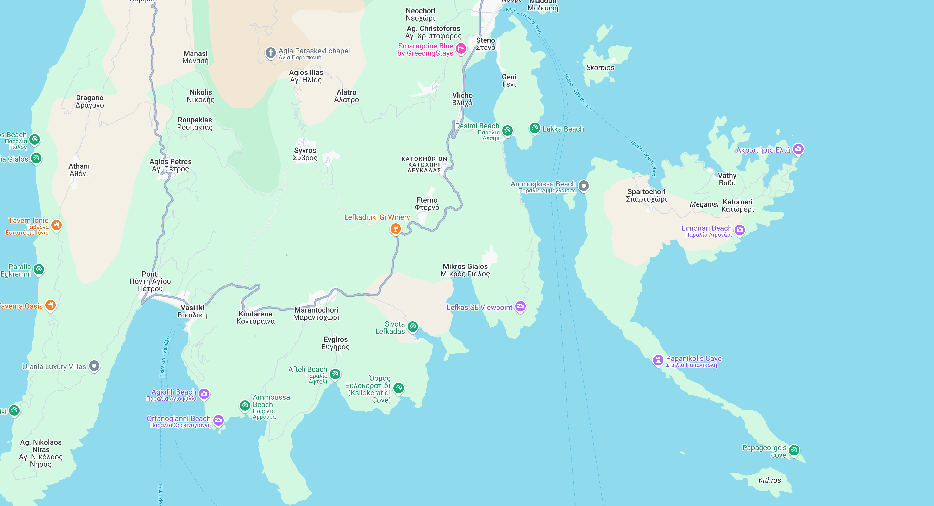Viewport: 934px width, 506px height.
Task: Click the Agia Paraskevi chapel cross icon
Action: click(271, 53)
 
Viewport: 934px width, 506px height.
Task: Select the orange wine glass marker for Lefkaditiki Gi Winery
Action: click(395, 228)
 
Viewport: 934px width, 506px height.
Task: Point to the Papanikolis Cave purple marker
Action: click(658, 360)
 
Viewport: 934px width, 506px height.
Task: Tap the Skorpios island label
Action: click(600, 67)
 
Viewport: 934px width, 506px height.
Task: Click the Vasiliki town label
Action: click(192, 311)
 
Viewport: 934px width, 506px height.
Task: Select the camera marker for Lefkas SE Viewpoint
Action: click(520, 306)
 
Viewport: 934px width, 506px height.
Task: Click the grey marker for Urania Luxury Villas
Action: click(94, 366)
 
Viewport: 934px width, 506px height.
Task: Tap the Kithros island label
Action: click(769, 480)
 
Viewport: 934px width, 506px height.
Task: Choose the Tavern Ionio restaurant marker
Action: click(56, 225)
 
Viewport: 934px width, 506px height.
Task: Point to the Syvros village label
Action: click(305, 154)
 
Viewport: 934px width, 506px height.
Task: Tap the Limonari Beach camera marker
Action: click(740, 230)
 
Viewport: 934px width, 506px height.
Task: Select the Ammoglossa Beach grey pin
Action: click(583, 186)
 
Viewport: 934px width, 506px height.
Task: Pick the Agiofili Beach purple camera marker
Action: click(204, 393)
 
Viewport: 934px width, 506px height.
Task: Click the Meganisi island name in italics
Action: click(704, 204)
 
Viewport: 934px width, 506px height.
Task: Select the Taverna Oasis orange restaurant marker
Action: click(51, 305)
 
